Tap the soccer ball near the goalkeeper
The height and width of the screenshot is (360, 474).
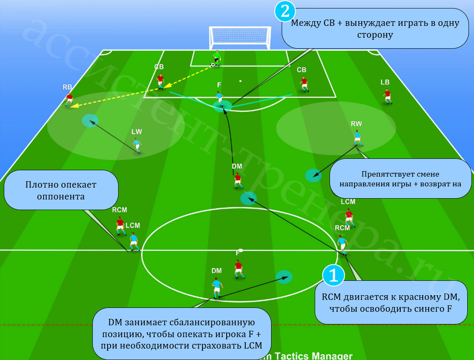(x=213, y=65)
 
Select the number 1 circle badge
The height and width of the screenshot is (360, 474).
(x=333, y=275)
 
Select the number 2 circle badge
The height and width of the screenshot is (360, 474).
(x=285, y=11)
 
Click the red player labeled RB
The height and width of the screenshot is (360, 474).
(x=69, y=99)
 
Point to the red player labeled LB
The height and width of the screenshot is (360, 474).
(x=387, y=97)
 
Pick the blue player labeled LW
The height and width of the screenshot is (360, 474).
(x=137, y=145)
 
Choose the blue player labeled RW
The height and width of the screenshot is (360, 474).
(x=358, y=138)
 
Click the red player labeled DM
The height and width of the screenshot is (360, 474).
(x=238, y=180)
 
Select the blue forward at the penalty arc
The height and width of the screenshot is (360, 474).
(x=220, y=99)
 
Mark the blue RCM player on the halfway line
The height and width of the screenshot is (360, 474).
(x=343, y=244)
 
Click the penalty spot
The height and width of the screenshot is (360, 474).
(x=240, y=81)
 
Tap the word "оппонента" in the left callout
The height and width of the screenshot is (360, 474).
(x=61, y=197)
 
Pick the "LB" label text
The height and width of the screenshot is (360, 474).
(x=385, y=82)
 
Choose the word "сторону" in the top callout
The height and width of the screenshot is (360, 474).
(x=375, y=35)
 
